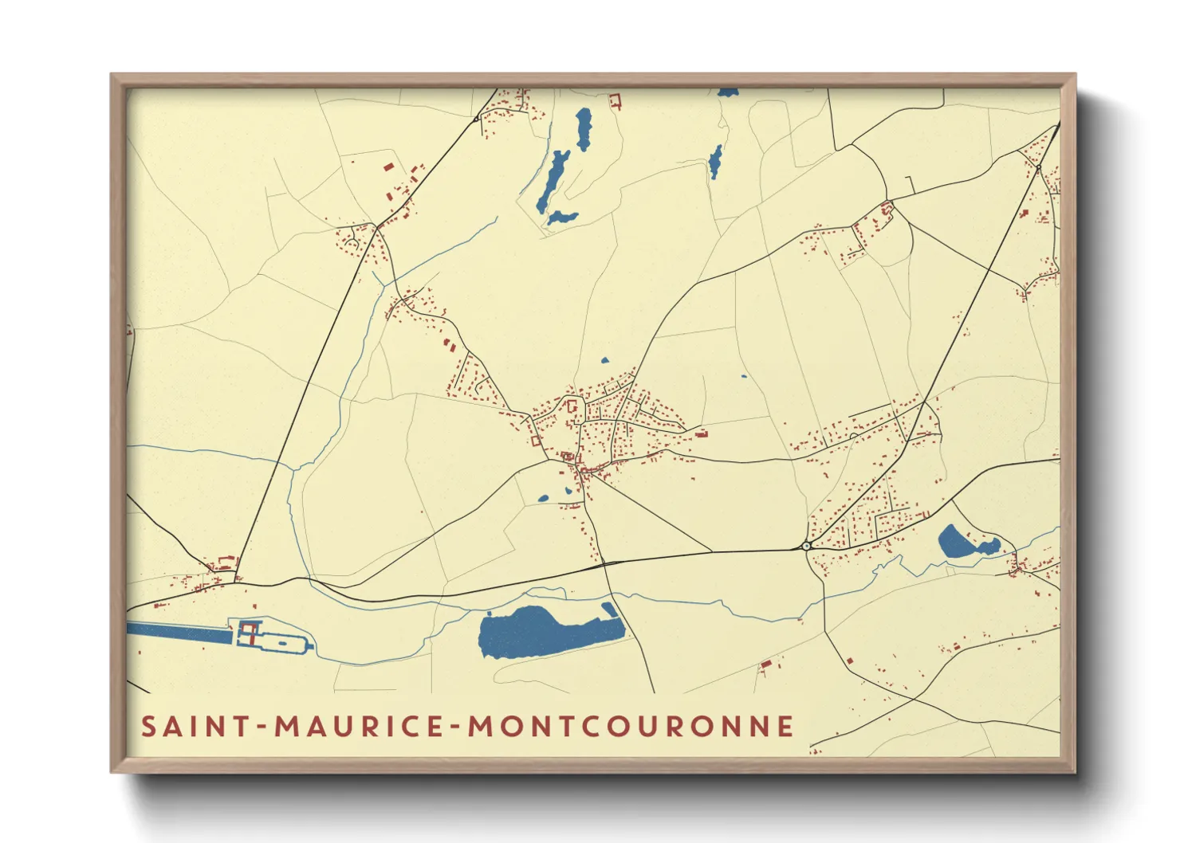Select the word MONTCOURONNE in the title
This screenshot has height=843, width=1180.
(x=631, y=726)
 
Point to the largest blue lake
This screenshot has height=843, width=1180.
(x=542, y=633)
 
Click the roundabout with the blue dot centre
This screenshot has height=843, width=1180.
(x=806, y=546)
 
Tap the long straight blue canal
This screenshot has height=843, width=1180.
(x=179, y=633)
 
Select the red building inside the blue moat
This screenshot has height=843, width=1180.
(x=248, y=634)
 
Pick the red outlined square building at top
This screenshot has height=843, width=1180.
(x=615, y=100)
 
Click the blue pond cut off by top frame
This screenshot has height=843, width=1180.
(x=727, y=92)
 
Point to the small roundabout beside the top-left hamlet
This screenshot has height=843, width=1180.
(x=476, y=119)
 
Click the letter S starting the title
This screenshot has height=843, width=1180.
(x=148, y=726)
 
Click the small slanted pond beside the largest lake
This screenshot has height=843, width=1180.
(x=610, y=610)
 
